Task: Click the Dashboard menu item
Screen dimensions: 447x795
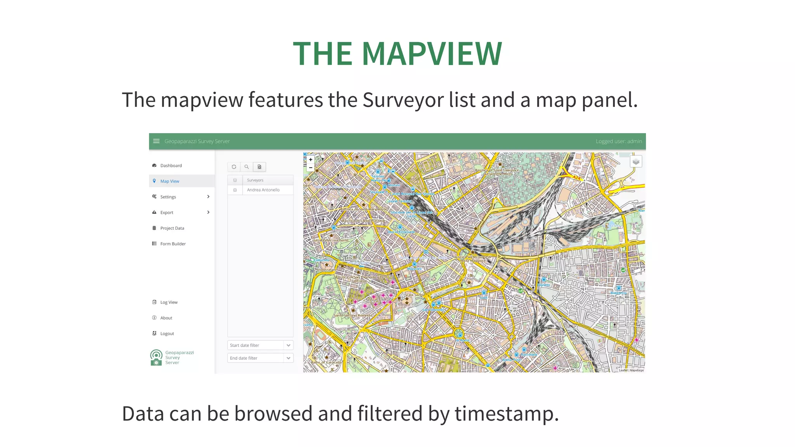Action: point(171,166)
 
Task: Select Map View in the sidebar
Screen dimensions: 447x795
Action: point(170,181)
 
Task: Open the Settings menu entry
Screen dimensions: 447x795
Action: point(168,197)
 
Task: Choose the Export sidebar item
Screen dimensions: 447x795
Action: point(167,213)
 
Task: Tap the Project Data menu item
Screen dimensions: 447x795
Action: point(172,228)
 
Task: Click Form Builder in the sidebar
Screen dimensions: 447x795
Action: point(173,244)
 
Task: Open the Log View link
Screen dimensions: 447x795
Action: point(169,302)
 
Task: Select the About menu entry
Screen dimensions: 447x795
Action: point(166,318)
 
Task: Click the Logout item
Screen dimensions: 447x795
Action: point(167,334)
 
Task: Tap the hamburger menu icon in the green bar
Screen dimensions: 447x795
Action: point(156,141)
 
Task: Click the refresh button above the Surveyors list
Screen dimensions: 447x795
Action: point(234,167)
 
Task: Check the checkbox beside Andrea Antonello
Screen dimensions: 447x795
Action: point(235,190)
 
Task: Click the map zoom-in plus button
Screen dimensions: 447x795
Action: point(311,159)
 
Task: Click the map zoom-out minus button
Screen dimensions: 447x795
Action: point(311,168)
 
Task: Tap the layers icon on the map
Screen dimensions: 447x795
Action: point(635,161)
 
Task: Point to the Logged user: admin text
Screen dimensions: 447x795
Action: point(619,141)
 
